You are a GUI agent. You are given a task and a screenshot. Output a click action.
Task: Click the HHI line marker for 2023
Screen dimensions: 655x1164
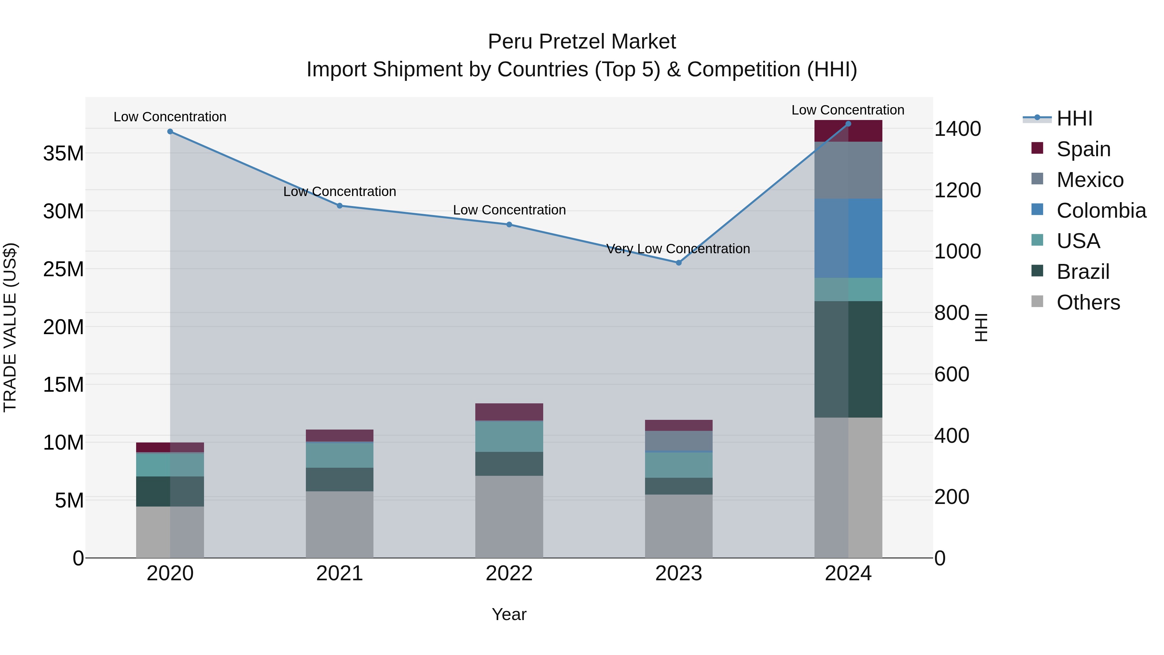tap(678, 263)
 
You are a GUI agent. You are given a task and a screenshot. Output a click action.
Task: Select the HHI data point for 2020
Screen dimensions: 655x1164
tap(170, 132)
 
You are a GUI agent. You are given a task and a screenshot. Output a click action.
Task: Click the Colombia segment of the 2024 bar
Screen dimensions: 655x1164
tap(848, 238)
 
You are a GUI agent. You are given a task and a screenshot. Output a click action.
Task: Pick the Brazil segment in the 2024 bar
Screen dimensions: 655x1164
tap(848, 359)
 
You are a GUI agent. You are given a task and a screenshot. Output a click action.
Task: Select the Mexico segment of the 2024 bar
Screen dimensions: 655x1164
tap(848, 170)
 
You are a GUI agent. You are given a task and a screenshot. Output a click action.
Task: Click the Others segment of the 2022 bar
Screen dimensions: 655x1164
tap(509, 517)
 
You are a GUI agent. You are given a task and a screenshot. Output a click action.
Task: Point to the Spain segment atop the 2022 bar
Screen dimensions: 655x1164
tap(509, 412)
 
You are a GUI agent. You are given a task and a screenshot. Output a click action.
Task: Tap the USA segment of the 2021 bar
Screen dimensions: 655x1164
tap(339, 455)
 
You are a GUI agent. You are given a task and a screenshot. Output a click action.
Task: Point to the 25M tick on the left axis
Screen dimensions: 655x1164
tap(63, 269)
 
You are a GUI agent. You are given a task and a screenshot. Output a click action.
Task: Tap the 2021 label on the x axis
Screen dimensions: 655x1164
tap(339, 573)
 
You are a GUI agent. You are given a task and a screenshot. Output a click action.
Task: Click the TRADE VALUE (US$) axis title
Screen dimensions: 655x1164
tap(10, 327)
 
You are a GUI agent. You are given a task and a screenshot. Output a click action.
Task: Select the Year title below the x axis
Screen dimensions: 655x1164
tap(509, 614)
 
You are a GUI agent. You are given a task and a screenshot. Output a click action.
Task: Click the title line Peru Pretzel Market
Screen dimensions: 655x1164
tap(582, 42)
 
